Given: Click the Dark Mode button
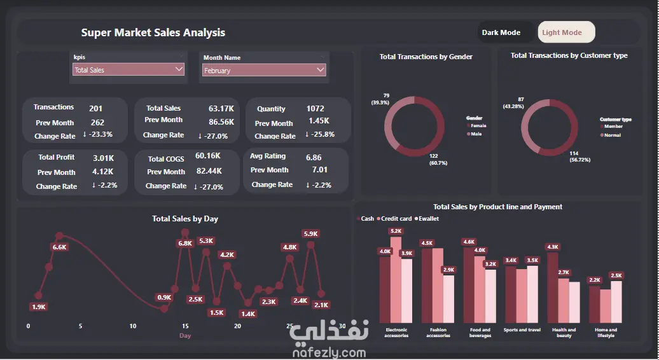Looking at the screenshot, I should (501, 32).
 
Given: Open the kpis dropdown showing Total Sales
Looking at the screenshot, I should (128, 70).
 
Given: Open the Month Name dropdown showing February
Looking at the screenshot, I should (264, 71).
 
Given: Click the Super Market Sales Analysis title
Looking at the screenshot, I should (153, 32).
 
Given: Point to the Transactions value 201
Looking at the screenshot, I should (95, 108).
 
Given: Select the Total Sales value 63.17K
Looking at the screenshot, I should (221, 109).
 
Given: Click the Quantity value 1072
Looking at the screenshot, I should (315, 109).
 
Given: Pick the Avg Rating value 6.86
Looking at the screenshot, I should (314, 157).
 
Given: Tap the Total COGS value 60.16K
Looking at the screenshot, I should (208, 156).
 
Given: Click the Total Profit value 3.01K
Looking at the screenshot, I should (103, 157).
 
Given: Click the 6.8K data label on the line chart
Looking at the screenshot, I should (185, 243).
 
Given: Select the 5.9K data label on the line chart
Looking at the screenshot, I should (310, 233).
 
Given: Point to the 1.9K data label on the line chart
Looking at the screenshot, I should (38, 307).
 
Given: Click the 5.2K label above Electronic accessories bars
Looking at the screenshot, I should (396, 231).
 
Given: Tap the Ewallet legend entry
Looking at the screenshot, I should (427, 219).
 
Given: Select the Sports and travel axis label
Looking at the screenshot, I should (522, 330).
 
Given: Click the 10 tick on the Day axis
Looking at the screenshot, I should (132, 326).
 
